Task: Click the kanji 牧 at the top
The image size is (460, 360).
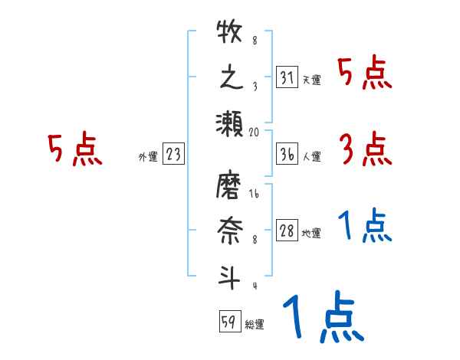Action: [230, 35]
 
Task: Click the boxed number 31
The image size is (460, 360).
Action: [287, 77]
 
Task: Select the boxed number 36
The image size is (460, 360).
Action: [287, 154]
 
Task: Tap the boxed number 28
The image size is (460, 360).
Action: [287, 231]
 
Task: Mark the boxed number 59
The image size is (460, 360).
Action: [228, 322]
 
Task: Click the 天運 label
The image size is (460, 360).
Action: [311, 80]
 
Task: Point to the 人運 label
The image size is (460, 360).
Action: [311, 156]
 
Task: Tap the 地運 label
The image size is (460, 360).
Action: [311, 234]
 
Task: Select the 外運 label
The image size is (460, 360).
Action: [148, 156]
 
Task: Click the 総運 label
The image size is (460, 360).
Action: [254, 324]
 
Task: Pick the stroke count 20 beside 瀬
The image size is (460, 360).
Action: [255, 132]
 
